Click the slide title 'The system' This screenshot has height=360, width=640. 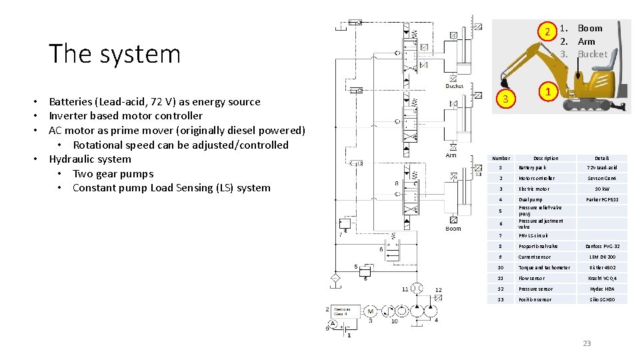pyautogui.click(x=115, y=53)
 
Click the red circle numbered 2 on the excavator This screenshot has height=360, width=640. pyautogui.click(x=547, y=33)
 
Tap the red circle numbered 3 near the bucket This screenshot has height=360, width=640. pyautogui.click(x=506, y=99)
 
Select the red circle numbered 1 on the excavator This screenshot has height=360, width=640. pyautogui.click(x=547, y=92)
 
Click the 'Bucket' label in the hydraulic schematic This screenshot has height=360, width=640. pyautogui.click(x=454, y=86)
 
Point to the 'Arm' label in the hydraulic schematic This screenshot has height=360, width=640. pyautogui.click(x=451, y=155)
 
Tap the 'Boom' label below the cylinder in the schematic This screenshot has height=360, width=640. pyautogui.click(x=453, y=229)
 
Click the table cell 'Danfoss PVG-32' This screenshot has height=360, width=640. pyautogui.click(x=602, y=246)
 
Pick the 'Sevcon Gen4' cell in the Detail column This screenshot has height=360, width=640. pyautogui.click(x=602, y=178)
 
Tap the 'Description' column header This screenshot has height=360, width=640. pyautogui.click(x=546, y=158)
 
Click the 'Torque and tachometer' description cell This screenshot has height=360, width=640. pyautogui.click(x=544, y=267)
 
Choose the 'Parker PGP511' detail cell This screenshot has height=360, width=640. pyautogui.click(x=602, y=199)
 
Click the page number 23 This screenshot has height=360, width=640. pyautogui.click(x=587, y=343)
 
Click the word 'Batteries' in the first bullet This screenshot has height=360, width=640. pyautogui.click(x=70, y=101)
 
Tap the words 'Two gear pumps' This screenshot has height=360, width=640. pyautogui.click(x=113, y=173)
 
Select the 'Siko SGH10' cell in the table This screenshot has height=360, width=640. pyautogui.click(x=602, y=299)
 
